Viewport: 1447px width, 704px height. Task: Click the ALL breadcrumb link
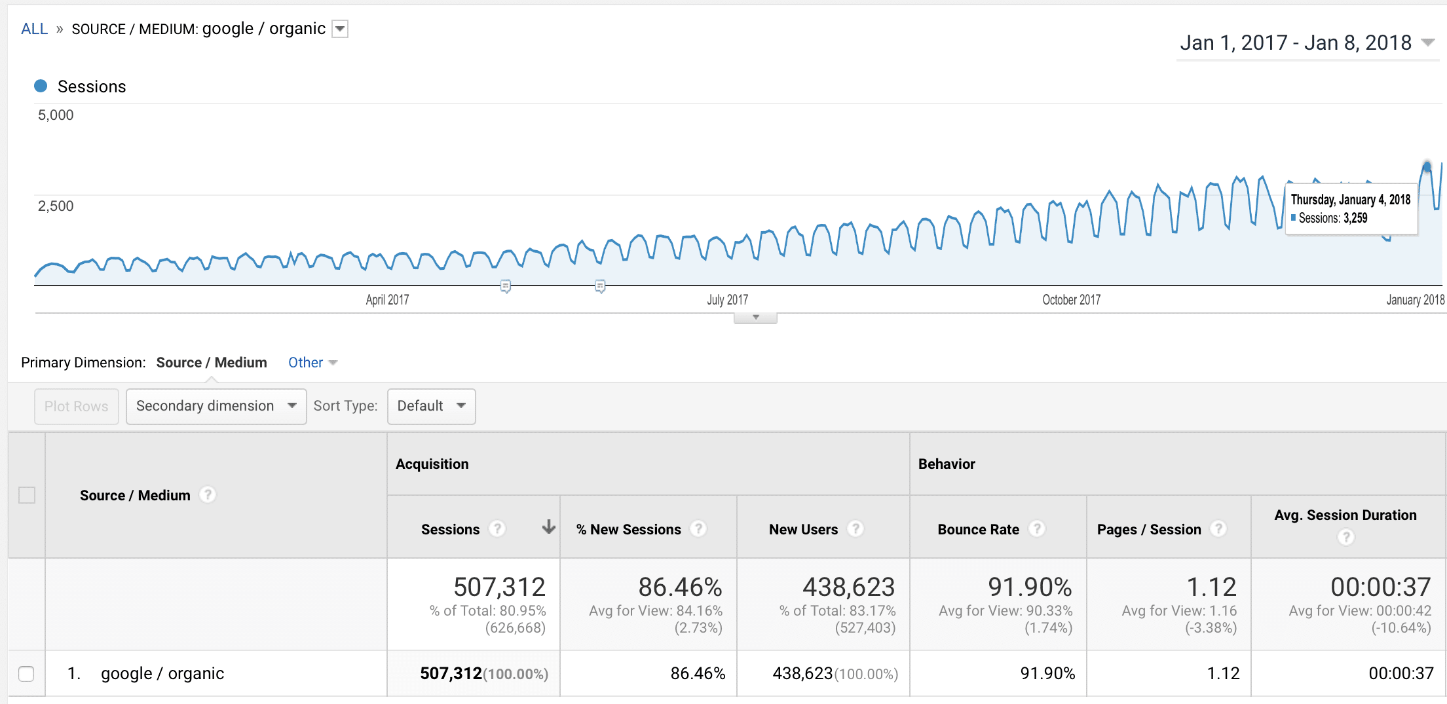[x=34, y=29]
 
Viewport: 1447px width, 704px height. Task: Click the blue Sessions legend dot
[x=41, y=86]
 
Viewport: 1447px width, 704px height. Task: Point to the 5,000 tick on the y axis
[x=56, y=115]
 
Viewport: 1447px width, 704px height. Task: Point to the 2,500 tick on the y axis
[x=56, y=206]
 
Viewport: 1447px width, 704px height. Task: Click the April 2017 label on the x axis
[x=387, y=300]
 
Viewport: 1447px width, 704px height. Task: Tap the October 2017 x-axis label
[x=1071, y=300]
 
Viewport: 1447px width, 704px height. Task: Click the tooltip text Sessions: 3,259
[x=1332, y=218]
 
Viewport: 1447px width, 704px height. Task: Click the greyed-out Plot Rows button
[x=76, y=407]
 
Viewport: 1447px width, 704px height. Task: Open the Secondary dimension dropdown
[x=216, y=407]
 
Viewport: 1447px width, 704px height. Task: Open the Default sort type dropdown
[x=431, y=407]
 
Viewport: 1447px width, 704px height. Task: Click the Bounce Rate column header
[x=978, y=529]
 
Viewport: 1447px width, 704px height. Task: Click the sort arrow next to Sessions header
[x=549, y=527]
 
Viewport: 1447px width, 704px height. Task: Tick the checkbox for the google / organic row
[x=26, y=673]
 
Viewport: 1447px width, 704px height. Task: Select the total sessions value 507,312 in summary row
[x=499, y=587]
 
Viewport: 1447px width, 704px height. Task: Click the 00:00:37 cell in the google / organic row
[x=1400, y=673]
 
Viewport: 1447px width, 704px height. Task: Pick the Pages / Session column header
[x=1149, y=529]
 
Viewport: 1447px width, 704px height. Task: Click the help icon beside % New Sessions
[x=699, y=528]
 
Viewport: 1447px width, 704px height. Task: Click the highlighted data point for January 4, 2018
[x=1427, y=167]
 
